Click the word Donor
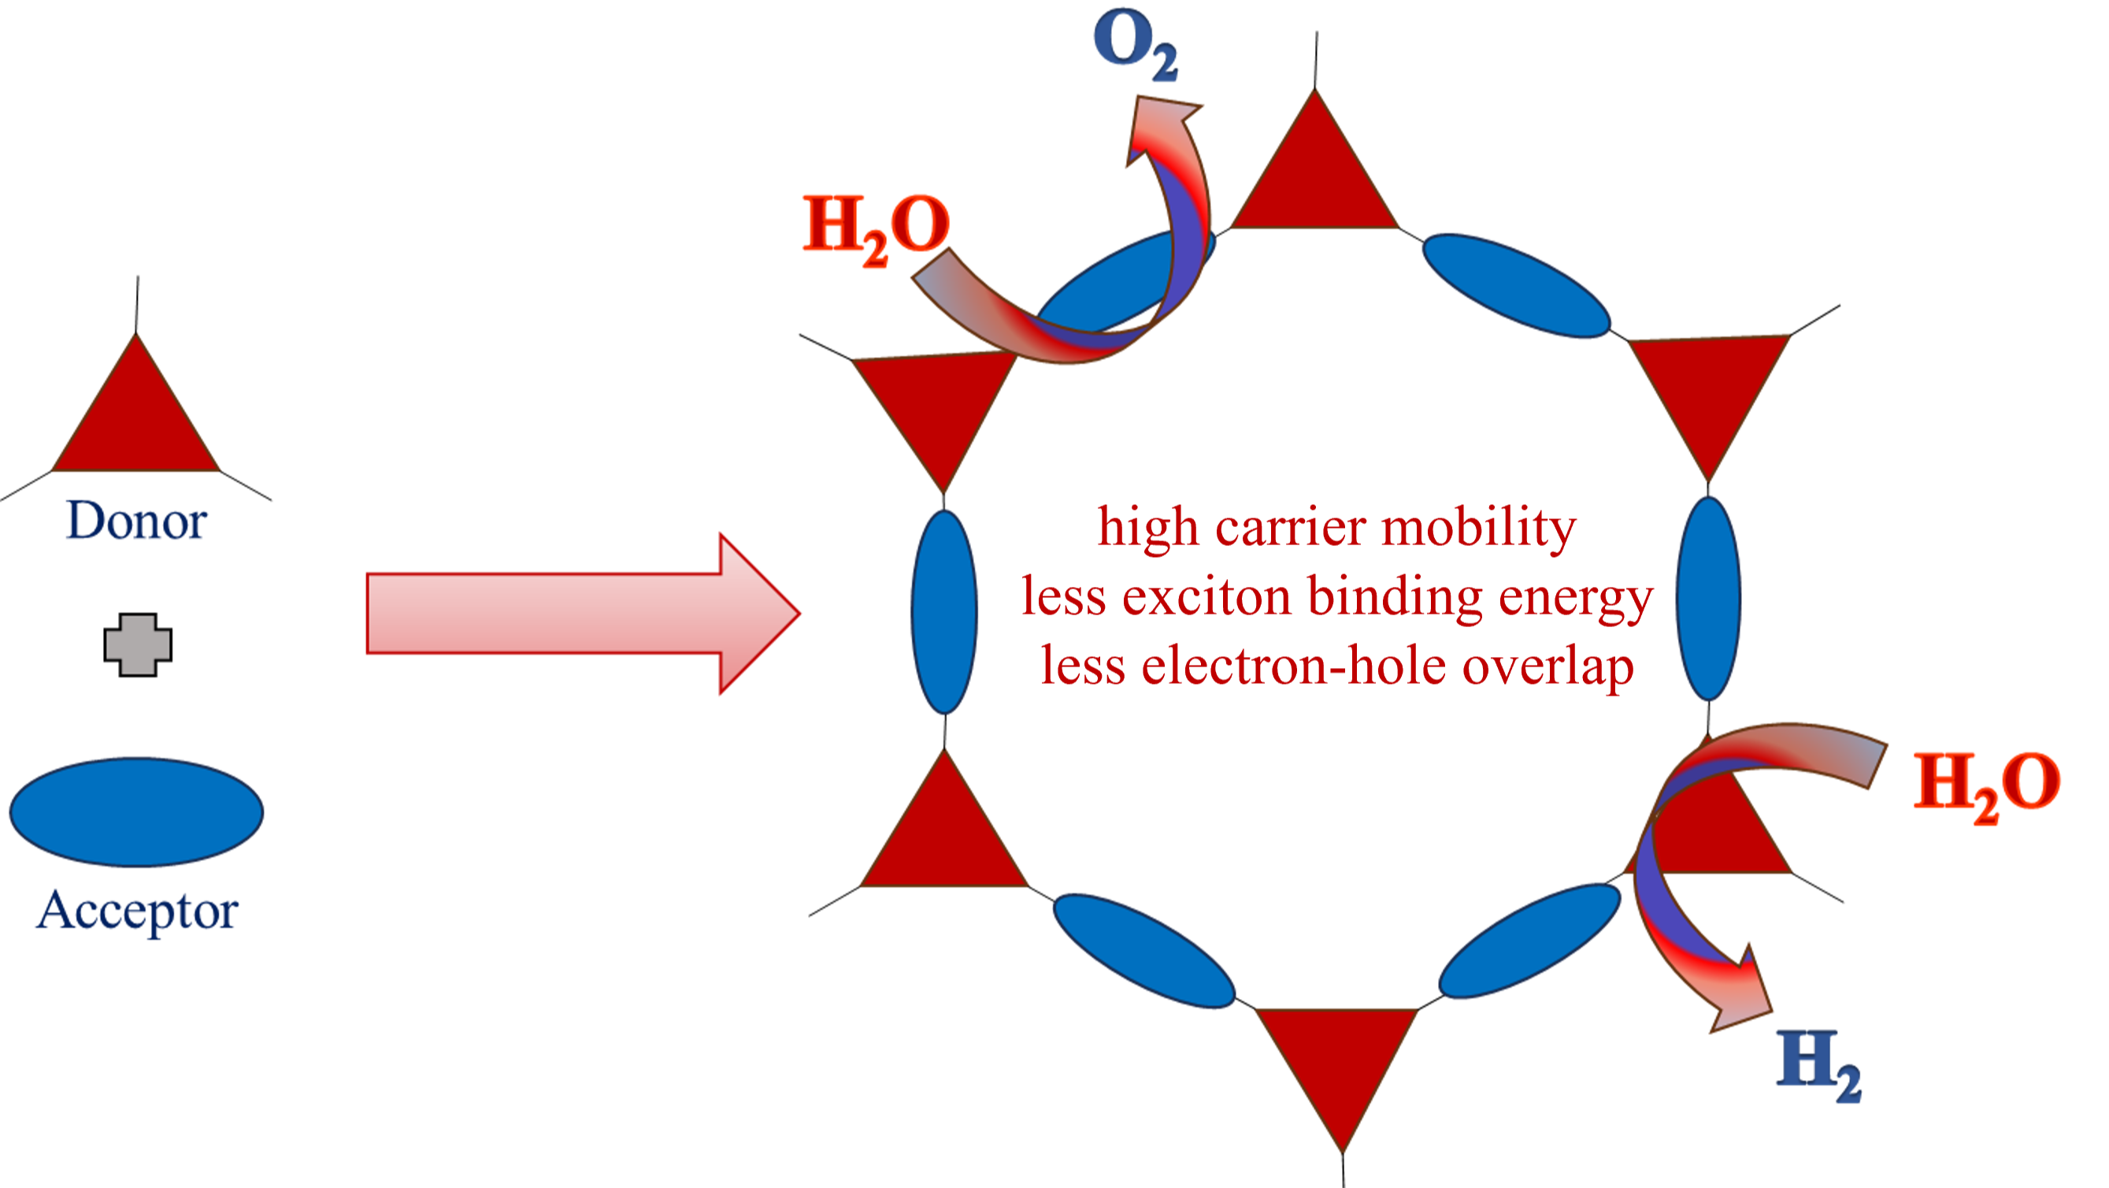point(137,520)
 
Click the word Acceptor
point(137,911)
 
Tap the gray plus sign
point(138,645)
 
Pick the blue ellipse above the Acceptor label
point(137,811)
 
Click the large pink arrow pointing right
point(583,614)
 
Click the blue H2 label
point(1818,1065)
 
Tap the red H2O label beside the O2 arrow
point(876,230)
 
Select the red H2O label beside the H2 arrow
point(1987,787)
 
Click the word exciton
point(1206,596)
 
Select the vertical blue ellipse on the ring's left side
point(944,611)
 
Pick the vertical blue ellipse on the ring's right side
point(1708,599)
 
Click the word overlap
point(1548,666)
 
